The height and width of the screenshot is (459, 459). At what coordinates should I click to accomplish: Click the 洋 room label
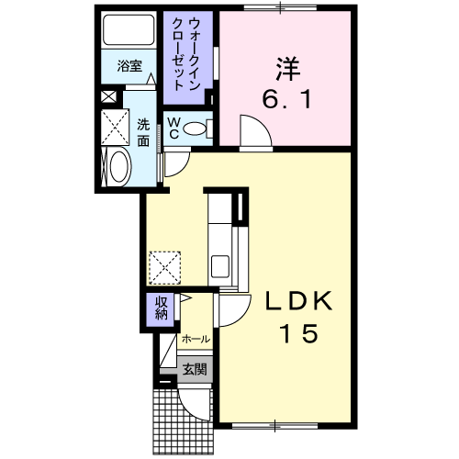pyautogui.click(x=285, y=67)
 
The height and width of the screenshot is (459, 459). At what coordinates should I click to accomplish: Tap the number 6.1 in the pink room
pyautogui.click(x=285, y=97)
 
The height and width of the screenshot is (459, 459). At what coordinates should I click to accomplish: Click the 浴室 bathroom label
pyautogui.click(x=129, y=67)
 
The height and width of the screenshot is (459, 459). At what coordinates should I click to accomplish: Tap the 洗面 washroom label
pyautogui.click(x=144, y=133)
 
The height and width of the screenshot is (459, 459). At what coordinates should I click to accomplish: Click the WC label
pyautogui.click(x=173, y=129)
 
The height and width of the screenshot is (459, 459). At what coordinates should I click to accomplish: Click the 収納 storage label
pyautogui.click(x=161, y=309)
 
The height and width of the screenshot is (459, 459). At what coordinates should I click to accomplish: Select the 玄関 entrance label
pyautogui.click(x=194, y=371)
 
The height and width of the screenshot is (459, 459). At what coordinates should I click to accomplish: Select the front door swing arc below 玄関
pyautogui.click(x=196, y=404)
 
